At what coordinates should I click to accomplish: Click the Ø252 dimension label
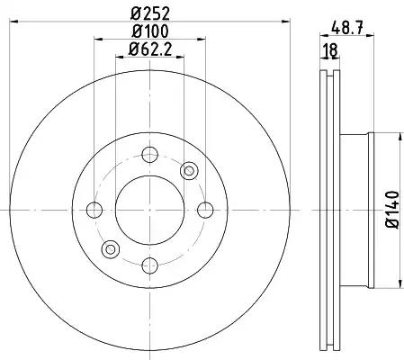pyautogui.click(x=150, y=13)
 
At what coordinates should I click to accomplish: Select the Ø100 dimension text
pyautogui.click(x=150, y=31)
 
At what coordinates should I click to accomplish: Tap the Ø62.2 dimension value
pyautogui.click(x=150, y=49)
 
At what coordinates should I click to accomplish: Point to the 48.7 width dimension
pyautogui.click(x=347, y=29)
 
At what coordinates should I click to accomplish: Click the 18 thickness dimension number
pyautogui.click(x=331, y=50)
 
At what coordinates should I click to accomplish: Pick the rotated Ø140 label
pyautogui.click(x=392, y=210)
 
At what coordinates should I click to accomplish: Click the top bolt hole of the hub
pyautogui.click(x=149, y=155)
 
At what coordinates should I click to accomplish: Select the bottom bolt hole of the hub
pyautogui.click(x=149, y=265)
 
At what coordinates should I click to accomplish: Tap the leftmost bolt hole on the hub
pyautogui.click(x=94, y=210)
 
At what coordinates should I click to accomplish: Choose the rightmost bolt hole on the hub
pyautogui.click(x=205, y=210)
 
